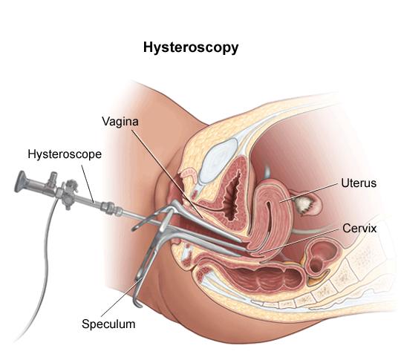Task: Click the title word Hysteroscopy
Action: pos(191,48)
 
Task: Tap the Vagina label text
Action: pos(120,121)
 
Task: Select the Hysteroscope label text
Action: pos(65,154)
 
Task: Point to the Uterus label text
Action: pos(359,183)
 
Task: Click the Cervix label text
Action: pos(359,229)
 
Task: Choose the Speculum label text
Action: pos(108,324)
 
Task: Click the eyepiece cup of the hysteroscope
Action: pos(21,181)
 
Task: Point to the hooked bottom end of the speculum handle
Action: pos(138,304)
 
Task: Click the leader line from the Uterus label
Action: pos(310,192)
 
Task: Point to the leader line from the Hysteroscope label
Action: pos(88,183)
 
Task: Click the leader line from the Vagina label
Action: pos(167,174)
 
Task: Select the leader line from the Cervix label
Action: pos(300,241)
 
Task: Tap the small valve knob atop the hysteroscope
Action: pos(53,177)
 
